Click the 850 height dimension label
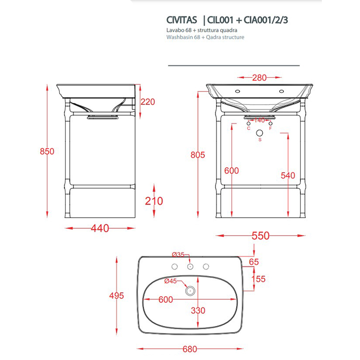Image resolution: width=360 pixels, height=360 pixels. [x=47, y=151]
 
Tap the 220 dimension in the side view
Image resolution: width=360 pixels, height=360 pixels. [x=148, y=102]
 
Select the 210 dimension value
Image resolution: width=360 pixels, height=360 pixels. [x=154, y=201]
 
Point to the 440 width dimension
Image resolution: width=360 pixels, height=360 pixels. [x=100, y=228]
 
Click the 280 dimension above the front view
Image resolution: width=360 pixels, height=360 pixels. [x=259, y=78]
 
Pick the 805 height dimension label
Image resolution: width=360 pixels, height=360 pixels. [x=197, y=155]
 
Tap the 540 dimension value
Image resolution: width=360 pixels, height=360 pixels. [x=288, y=175]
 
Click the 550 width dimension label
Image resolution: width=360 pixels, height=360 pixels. [x=260, y=236]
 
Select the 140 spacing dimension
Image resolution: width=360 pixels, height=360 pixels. [x=259, y=120]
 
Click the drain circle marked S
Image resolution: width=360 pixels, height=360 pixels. [x=259, y=133]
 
